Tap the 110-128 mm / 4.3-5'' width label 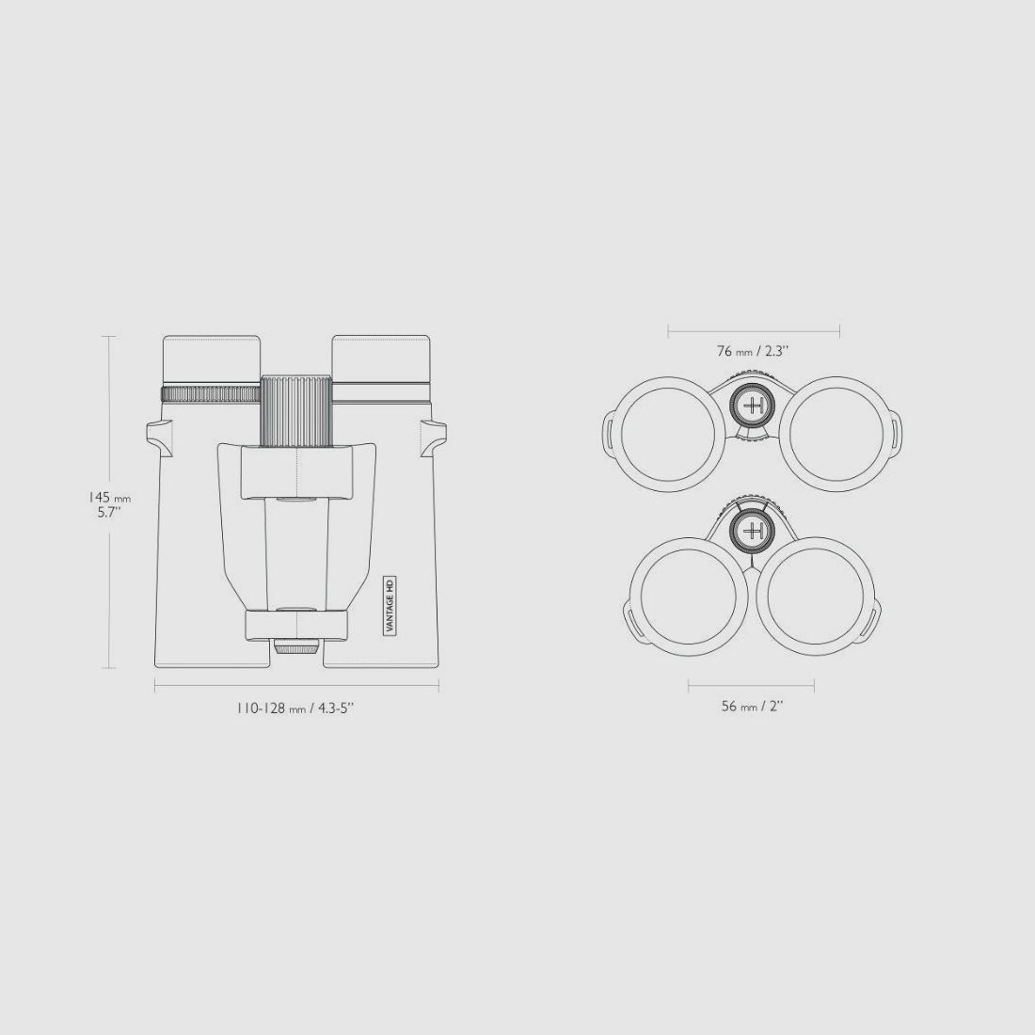pos(295,709)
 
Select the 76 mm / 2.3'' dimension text pos(753,351)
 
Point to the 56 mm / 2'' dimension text pos(752,707)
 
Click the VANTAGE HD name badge pos(390,605)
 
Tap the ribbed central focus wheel pos(297,411)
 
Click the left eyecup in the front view pos(211,359)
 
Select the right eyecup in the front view pos(381,359)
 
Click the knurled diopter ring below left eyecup pos(211,394)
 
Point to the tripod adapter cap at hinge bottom pos(296,646)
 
